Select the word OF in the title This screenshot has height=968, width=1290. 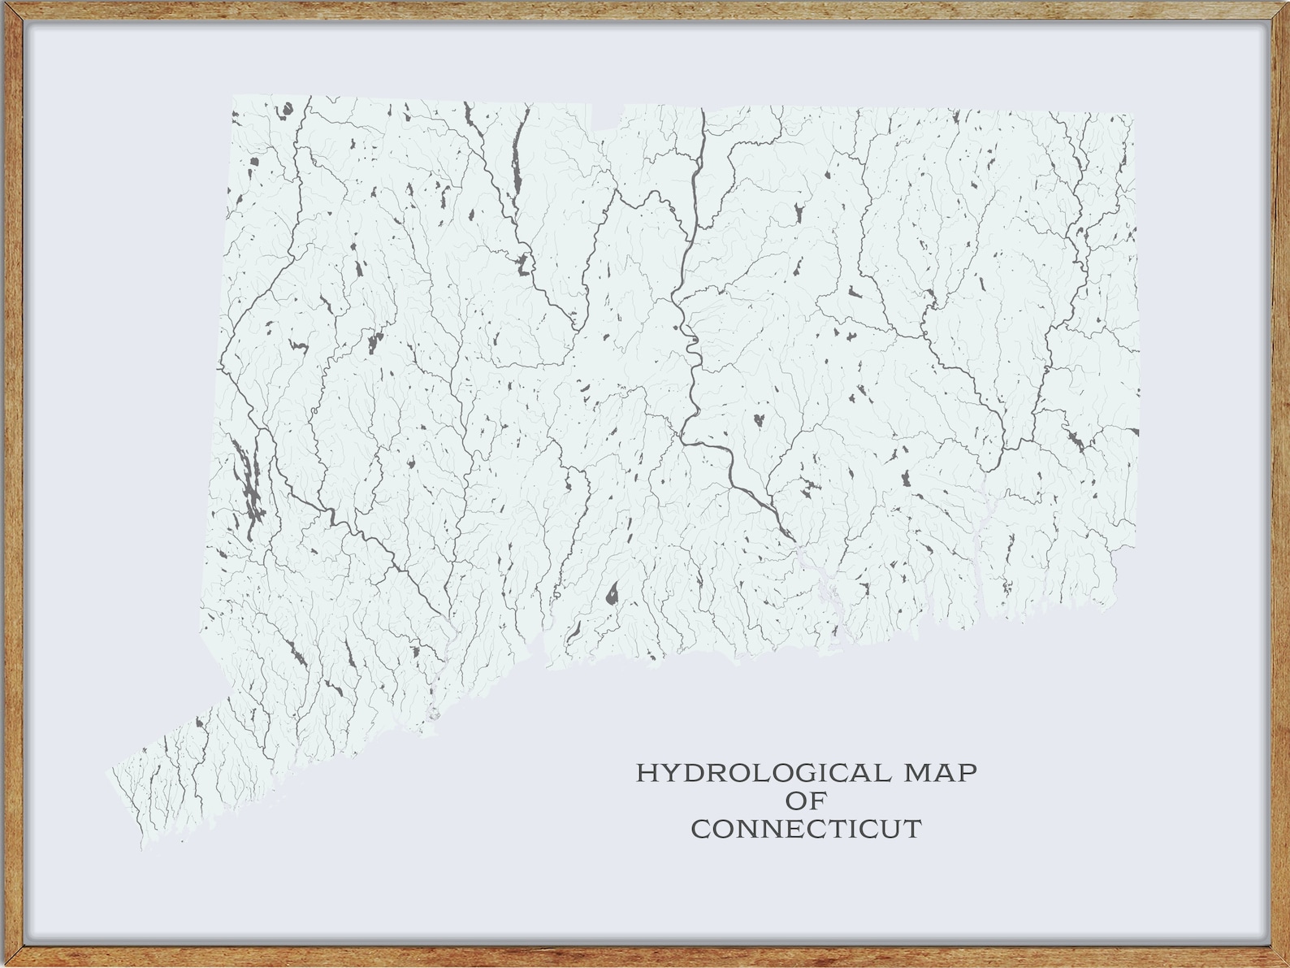[806, 801]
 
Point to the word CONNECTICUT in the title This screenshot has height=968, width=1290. [806, 830]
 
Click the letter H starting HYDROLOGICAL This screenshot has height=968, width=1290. [646, 772]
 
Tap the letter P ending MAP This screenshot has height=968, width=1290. [967, 772]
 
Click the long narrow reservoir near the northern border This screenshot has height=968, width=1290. [516, 158]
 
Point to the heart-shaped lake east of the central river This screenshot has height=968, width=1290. [758, 420]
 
